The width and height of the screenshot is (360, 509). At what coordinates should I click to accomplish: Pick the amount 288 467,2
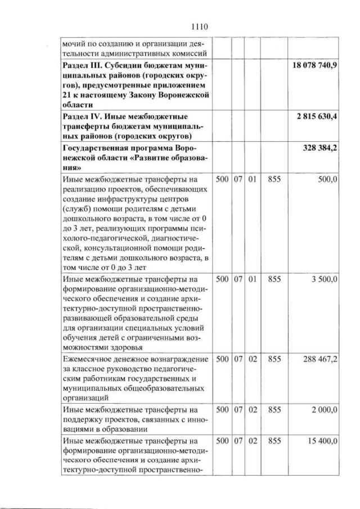tap(320, 359)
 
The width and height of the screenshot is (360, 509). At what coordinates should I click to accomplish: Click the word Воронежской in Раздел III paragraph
tap(183, 96)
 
